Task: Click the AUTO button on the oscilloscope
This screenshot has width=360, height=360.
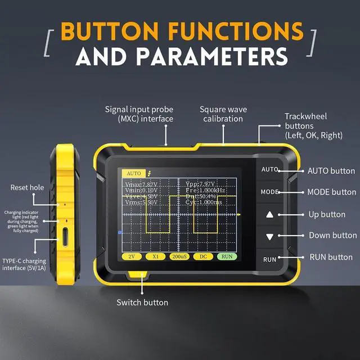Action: (x=269, y=169)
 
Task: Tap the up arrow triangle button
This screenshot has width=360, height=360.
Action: (x=269, y=214)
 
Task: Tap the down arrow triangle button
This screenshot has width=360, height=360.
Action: (x=269, y=237)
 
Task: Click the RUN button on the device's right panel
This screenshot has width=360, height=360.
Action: (x=269, y=259)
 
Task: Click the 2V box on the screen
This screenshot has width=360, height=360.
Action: (x=130, y=256)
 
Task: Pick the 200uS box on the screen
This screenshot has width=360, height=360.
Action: (x=179, y=256)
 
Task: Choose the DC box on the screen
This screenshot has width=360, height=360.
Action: (x=203, y=256)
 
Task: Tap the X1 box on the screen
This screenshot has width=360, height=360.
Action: (x=155, y=256)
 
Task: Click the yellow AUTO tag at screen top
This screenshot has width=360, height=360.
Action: (x=134, y=173)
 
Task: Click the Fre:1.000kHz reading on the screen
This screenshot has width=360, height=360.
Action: (x=206, y=191)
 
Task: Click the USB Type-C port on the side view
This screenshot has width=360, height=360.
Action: (x=66, y=238)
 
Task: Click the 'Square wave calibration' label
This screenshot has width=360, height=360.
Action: (x=223, y=114)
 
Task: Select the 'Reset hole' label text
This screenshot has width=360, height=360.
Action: (x=28, y=187)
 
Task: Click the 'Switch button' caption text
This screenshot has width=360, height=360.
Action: (x=142, y=303)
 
